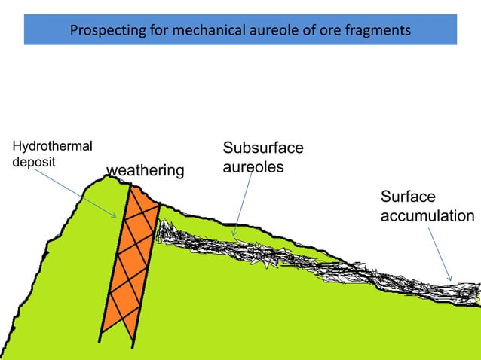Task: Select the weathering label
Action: [x=146, y=172]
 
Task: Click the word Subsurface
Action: [x=263, y=148]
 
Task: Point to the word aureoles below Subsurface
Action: [x=253, y=166]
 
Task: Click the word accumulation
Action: [x=427, y=215]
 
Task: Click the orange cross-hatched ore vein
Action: [x=131, y=260]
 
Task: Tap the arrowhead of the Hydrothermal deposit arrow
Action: [x=115, y=217]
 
